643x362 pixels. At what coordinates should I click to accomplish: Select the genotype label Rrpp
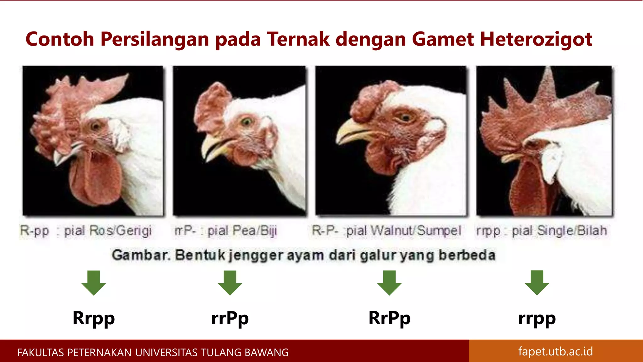pyautogui.click(x=94, y=318)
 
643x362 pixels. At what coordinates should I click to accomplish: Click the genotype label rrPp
pyautogui.click(x=230, y=318)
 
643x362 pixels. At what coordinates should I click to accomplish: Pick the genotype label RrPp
pyautogui.click(x=389, y=318)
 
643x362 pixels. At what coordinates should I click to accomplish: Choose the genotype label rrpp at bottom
pyautogui.click(x=537, y=318)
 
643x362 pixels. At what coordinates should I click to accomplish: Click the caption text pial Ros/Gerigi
pyautogui.click(x=108, y=231)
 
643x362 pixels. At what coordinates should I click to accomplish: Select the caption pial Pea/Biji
pyautogui.click(x=242, y=231)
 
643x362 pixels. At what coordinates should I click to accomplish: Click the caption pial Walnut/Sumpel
pyautogui.click(x=404, y=231)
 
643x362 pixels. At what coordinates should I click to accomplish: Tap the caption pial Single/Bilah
pyautogui.click(x=559, y=231)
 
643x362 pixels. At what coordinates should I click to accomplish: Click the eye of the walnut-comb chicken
pyautogui.click(x=405, y=118)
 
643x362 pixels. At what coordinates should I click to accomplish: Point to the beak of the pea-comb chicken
pyautogui.click(x=213, y=148)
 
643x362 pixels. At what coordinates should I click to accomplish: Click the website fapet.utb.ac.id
pyautogui.click(x=555, y=351)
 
